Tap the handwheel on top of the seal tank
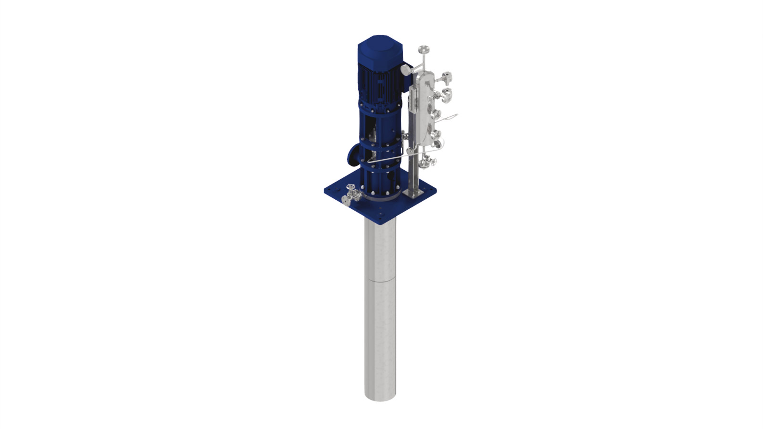[x=423, y=49]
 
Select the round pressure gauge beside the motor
[x=405, y=71]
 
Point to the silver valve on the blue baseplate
[x=352, y=194]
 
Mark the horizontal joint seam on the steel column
[x=380, y=281]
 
